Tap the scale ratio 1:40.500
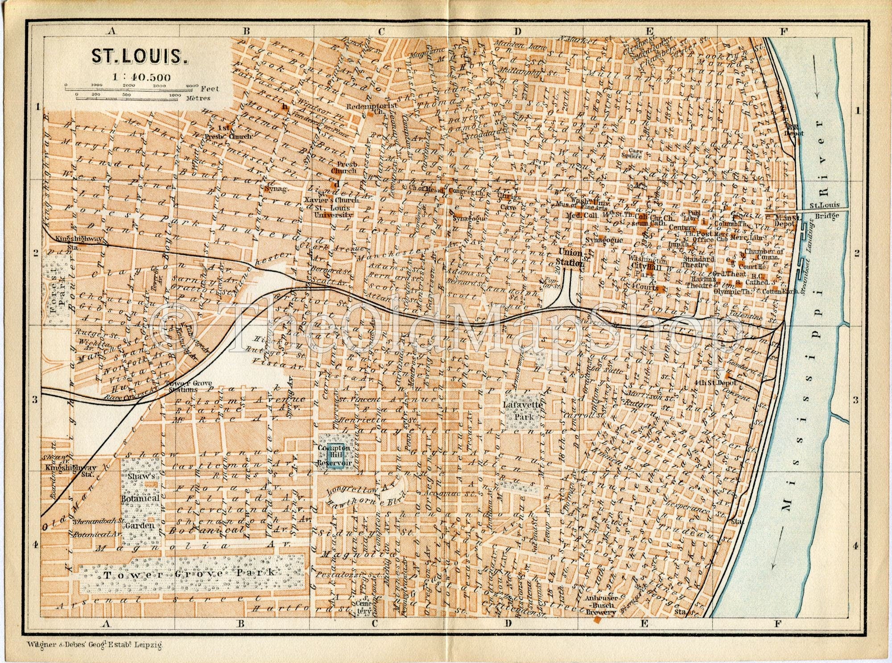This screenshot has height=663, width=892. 141,77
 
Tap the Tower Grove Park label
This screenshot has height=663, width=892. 189,573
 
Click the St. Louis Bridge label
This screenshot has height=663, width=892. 825,210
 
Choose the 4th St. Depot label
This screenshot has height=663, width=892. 715,382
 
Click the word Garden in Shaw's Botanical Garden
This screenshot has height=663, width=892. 140,525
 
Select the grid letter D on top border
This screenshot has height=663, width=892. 517,31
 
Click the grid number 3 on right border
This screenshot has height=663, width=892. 856,400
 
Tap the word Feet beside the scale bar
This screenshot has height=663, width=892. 210,88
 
